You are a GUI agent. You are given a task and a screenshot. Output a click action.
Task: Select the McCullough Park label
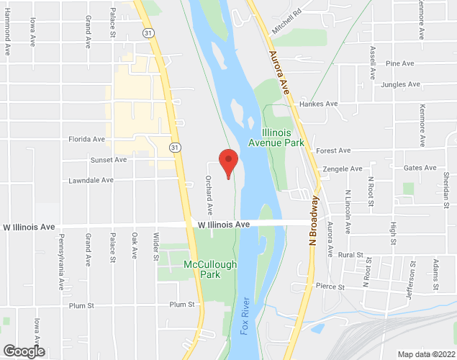[210, 269]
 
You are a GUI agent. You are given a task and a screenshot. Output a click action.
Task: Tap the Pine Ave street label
[400, 63]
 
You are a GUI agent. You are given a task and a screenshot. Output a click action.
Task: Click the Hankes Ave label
[320, 104]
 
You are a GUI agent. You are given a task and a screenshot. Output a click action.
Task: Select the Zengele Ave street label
[344, 168]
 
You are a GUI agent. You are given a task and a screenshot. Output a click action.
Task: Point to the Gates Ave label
[420, 168]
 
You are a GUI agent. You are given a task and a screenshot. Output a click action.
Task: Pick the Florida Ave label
[86, 139]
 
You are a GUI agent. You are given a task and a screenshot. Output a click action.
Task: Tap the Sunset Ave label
[109, 160]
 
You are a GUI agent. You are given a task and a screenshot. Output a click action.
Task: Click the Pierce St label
[331, 287]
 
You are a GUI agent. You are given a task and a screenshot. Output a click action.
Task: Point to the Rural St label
[350, 255]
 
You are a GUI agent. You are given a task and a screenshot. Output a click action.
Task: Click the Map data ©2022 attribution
[427, 354]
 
